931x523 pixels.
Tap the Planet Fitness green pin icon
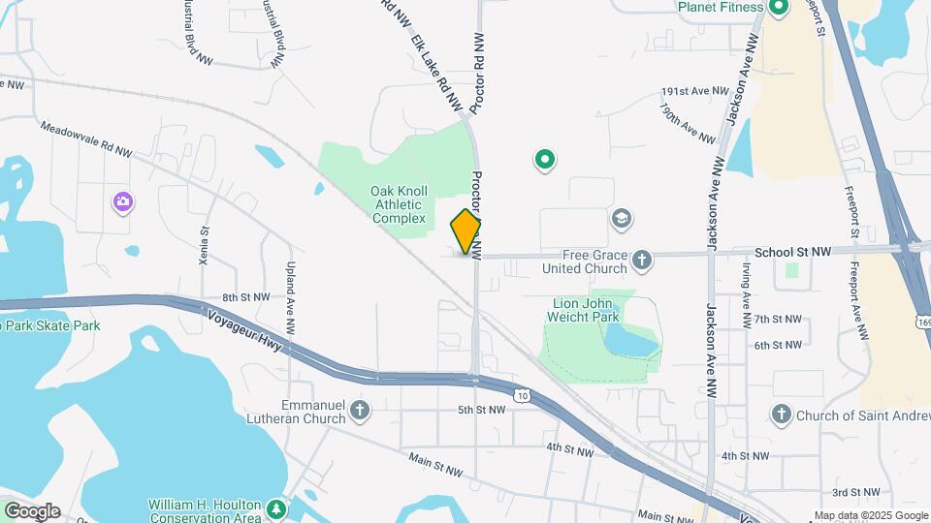[778, 9]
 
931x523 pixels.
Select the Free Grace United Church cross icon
[642, 259]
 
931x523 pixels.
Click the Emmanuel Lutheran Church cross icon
[361, 411]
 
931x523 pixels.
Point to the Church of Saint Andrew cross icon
[782, 415]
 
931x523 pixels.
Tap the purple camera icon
[122, 202]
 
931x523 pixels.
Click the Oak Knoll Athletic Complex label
[398, 204]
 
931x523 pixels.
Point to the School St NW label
[792, 252]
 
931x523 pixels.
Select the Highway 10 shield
[523, 394]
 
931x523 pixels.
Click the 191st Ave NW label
[694, 91]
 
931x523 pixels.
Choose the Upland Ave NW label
[290, 289]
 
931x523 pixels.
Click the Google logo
[32, 510]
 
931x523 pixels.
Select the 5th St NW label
[482, 410]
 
